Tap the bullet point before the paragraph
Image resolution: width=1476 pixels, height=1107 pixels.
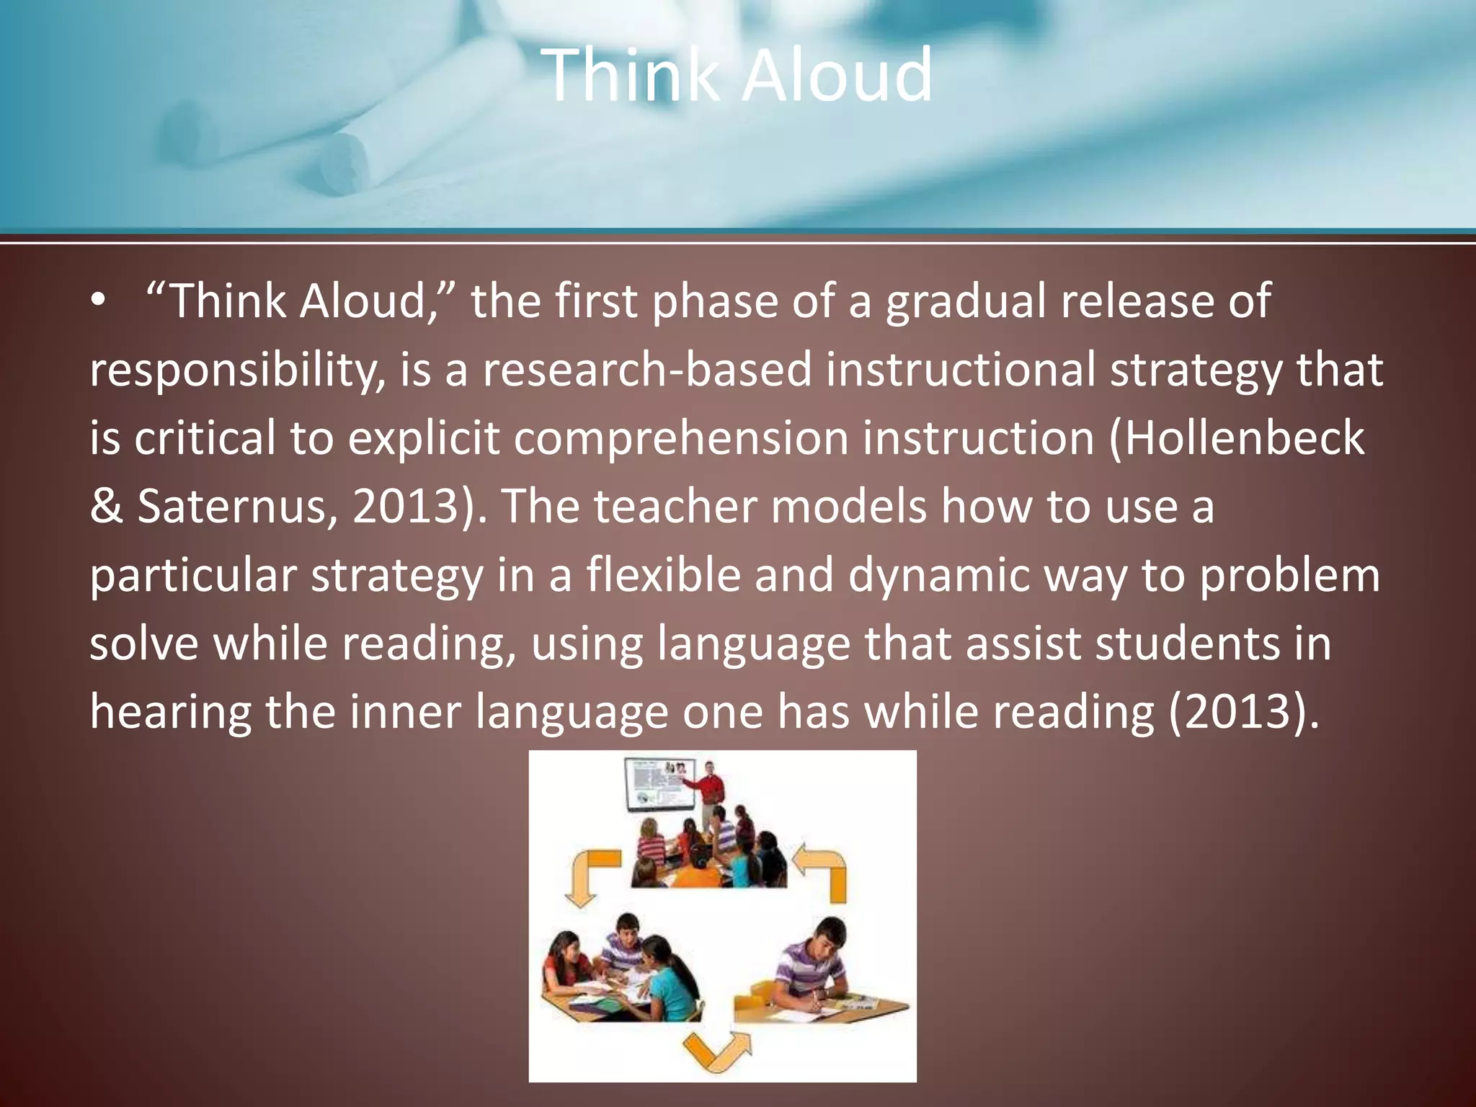pos(98,301)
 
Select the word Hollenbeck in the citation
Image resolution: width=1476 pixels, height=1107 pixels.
pos(1244,438)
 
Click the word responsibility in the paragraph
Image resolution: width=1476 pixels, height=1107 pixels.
pos(235,370)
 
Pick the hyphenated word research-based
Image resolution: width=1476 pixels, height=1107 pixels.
pos(646,370)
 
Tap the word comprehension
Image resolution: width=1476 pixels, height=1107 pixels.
pos(680,438)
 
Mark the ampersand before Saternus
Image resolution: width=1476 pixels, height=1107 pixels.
pos(106,507)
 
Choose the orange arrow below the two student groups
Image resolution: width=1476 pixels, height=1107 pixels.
pos(716,1052)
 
